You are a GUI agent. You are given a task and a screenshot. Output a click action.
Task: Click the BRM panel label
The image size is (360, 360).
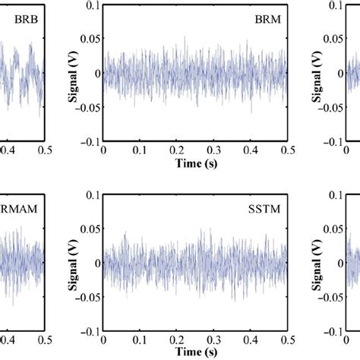[267, 21]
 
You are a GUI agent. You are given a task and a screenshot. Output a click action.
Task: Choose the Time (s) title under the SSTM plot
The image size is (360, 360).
[194, 355]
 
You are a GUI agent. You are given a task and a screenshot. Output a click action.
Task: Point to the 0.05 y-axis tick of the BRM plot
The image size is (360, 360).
[90, 39]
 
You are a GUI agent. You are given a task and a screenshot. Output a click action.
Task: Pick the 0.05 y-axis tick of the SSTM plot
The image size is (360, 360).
[90, 229]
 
